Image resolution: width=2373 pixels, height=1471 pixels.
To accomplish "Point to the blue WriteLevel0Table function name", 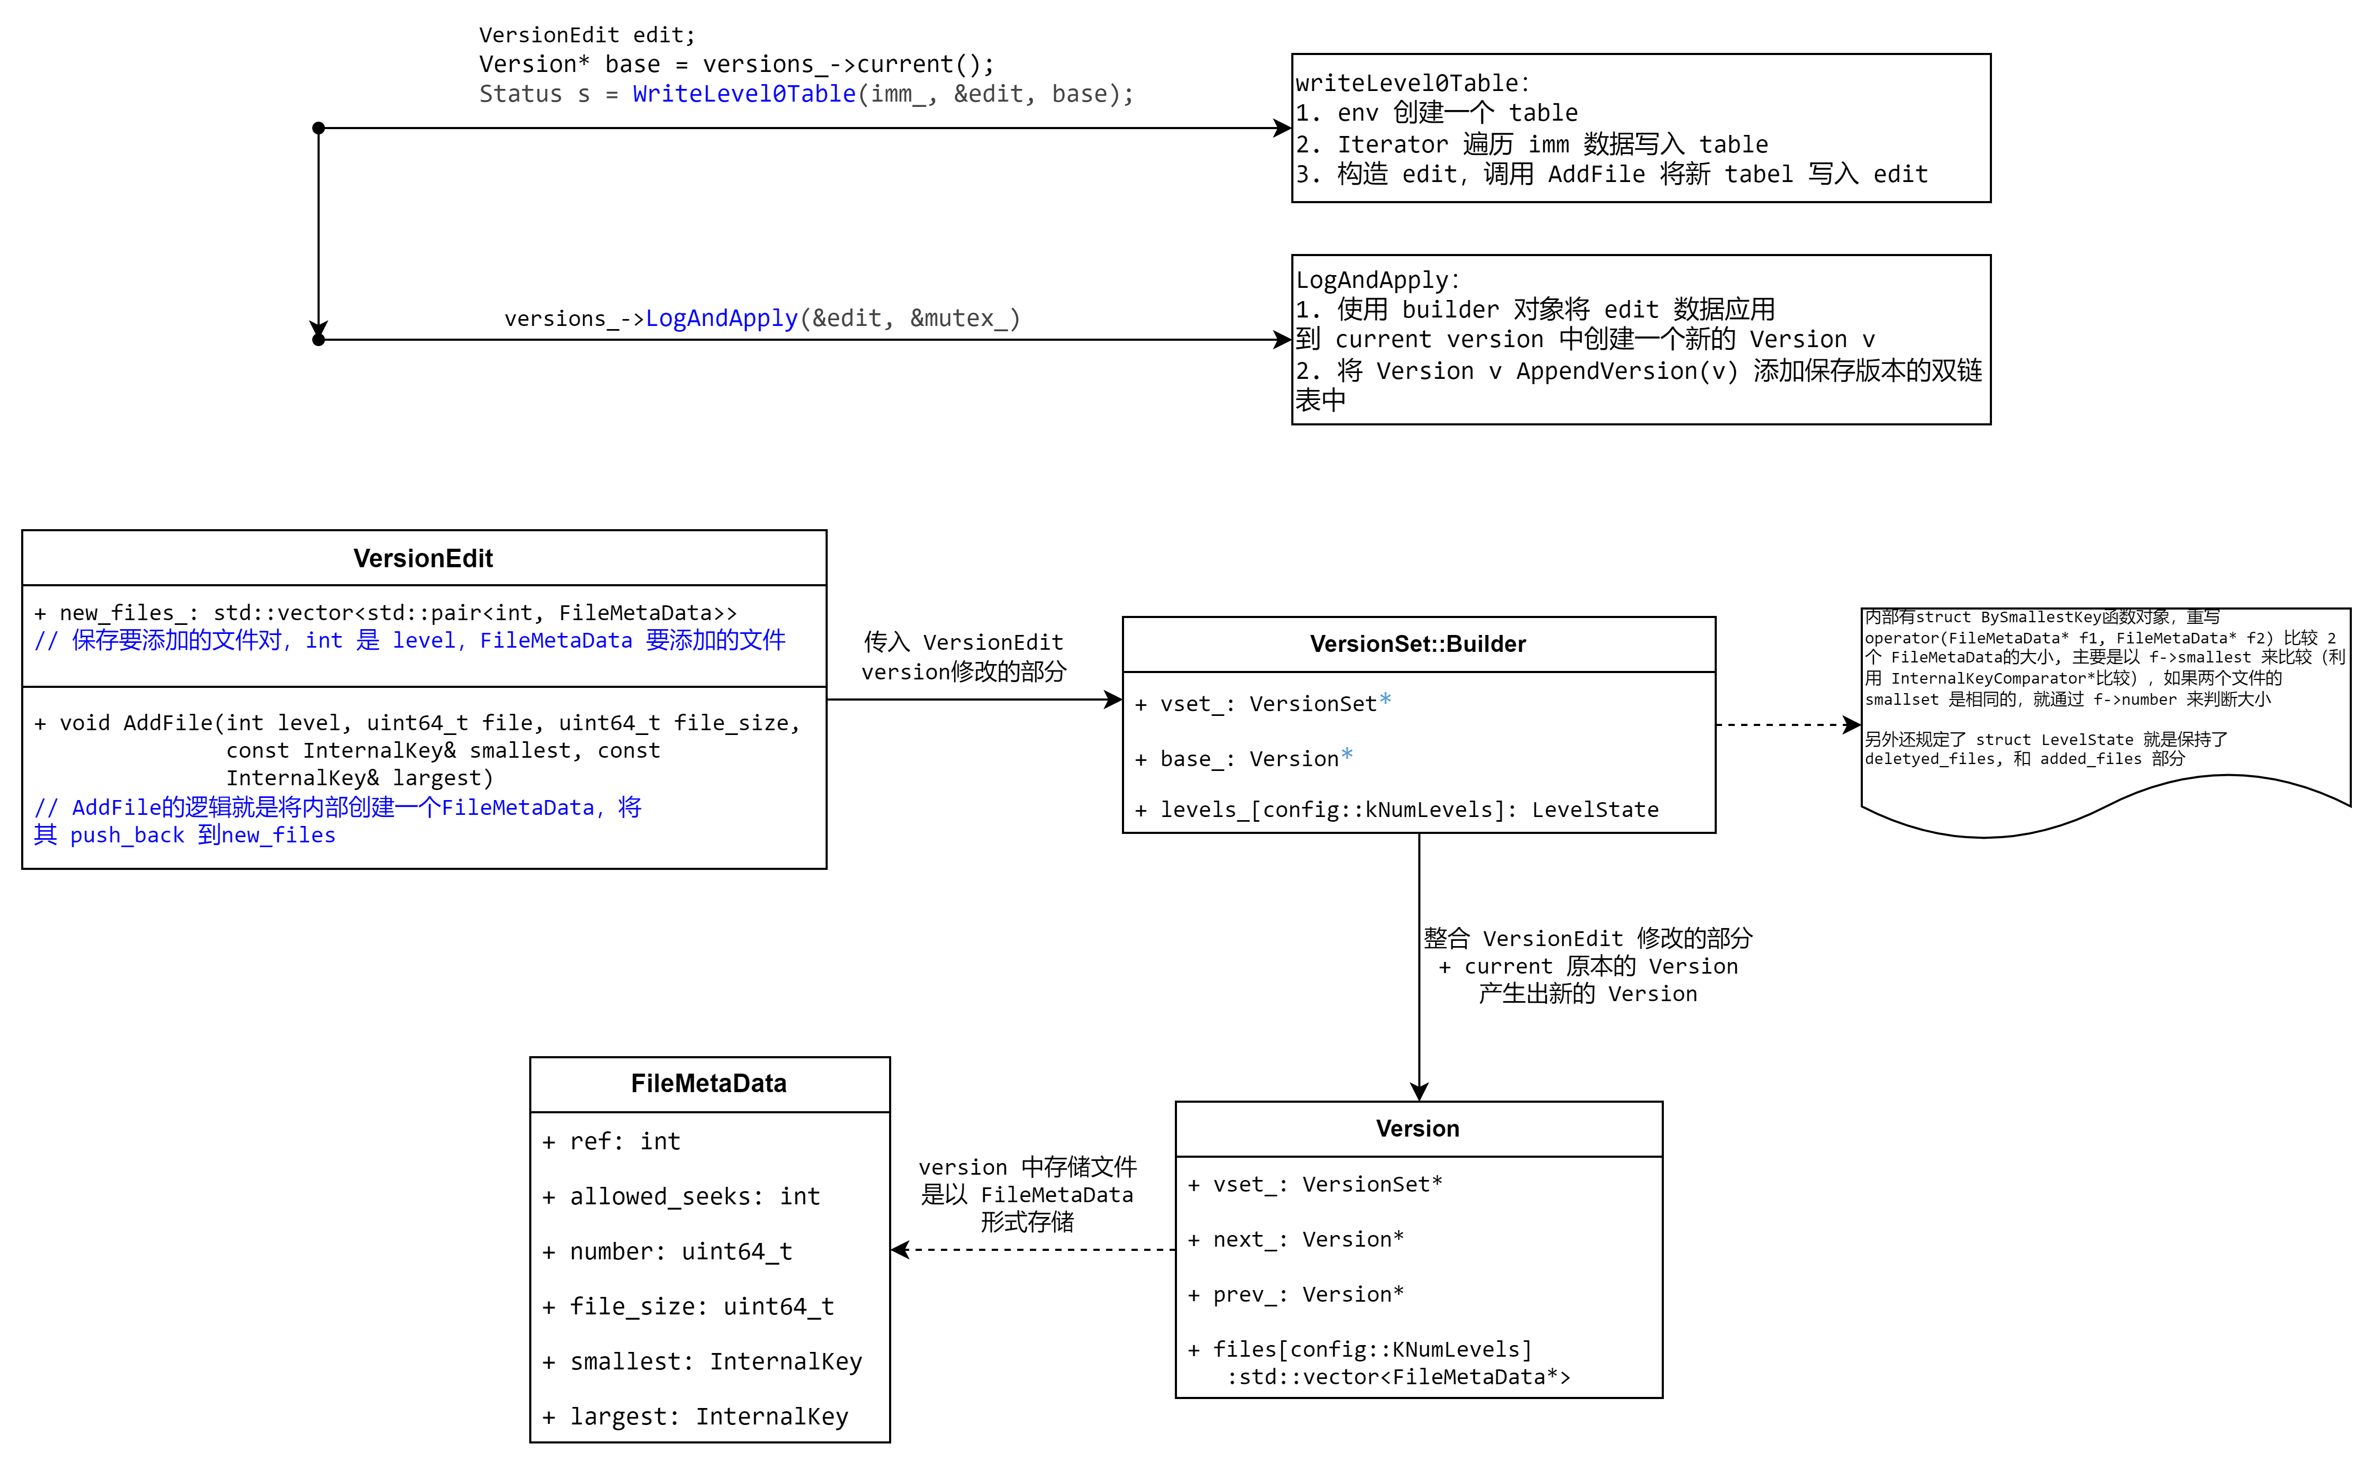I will point(744,94).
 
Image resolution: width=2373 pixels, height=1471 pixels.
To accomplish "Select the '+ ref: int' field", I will point(611,1141).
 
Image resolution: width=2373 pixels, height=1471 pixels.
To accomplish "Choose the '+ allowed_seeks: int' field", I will point(681,1197).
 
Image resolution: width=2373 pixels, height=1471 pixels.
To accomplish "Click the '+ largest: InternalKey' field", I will point(695,1416).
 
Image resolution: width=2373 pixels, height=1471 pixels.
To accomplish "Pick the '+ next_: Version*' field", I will point(1296,1239).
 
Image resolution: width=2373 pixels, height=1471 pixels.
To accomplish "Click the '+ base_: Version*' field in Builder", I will point(1244,759).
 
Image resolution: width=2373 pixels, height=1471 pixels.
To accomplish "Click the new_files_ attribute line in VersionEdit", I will point(385,613).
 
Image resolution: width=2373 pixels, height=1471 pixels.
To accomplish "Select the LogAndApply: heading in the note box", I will point(1376,280).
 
